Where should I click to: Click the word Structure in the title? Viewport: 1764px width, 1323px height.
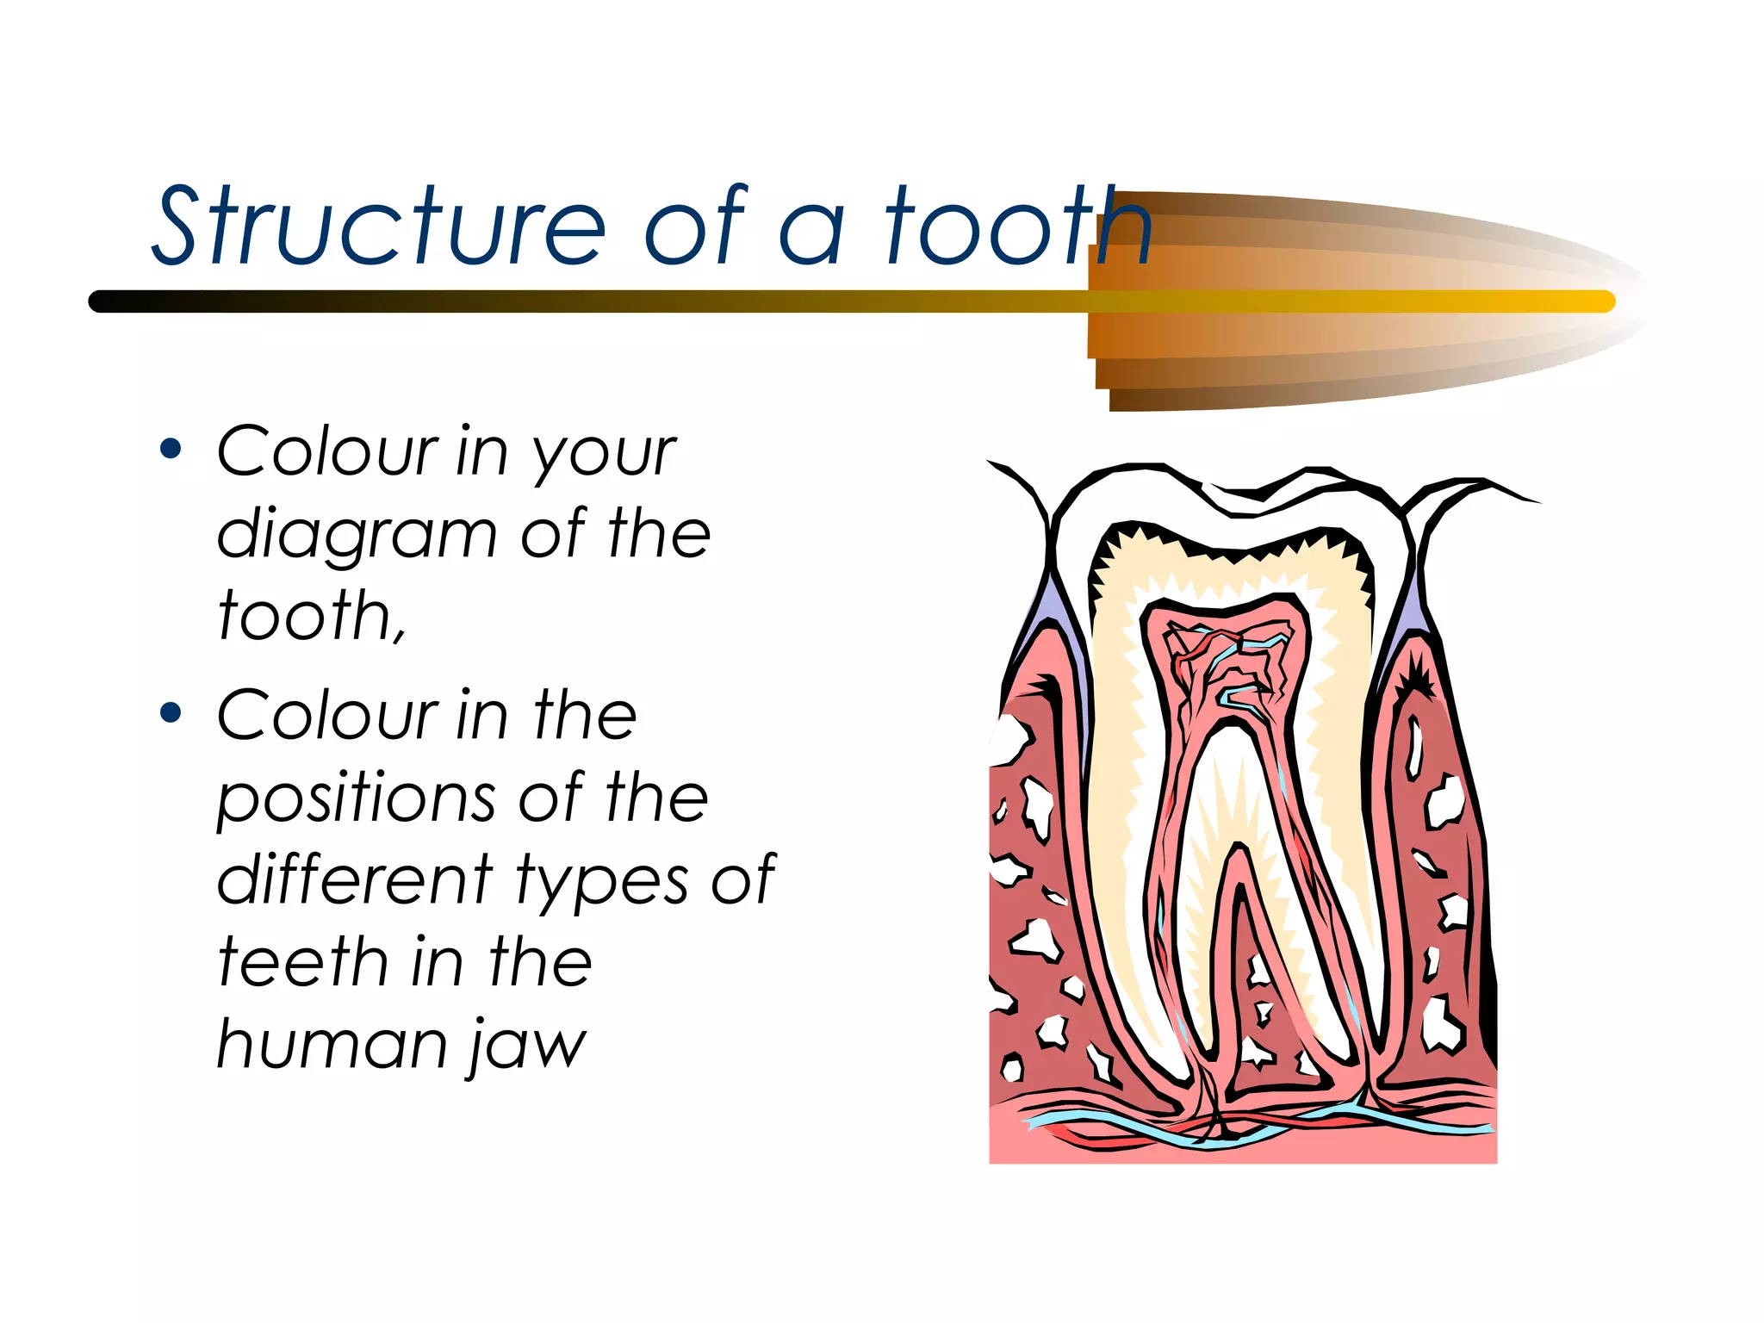(379, 226)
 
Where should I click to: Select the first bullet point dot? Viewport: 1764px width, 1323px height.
(171, 449)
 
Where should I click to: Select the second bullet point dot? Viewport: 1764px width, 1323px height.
(171, 712)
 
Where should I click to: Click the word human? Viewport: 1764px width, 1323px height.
(332, 1044)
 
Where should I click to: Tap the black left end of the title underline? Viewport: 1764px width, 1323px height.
(103, 301)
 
